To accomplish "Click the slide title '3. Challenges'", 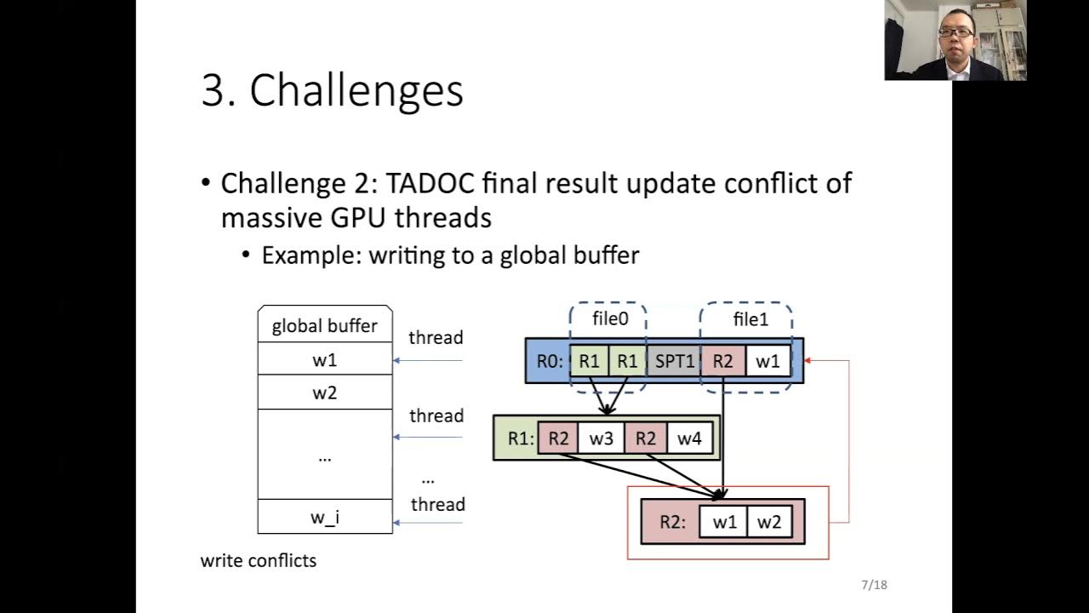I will pos(332,90).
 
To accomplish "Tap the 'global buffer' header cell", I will pos(324,326).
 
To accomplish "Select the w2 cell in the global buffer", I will pos(324,392).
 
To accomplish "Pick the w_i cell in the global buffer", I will pos(324,517).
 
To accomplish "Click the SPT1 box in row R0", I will pos(674,361).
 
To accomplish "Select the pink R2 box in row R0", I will pos(722,361).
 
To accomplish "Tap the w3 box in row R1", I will pos(601,439).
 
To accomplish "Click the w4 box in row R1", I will pos(689,439).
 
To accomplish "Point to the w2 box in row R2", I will pos(768,522).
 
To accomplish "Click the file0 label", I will pos(610,320).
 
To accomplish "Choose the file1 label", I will pos(750,320).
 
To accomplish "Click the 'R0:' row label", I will pos(550,361).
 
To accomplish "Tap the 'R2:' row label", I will pos(672,522).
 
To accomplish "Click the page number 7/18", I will pos(874,585).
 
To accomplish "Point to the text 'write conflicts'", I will pos(258,560).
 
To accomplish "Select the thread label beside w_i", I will pos(437,504).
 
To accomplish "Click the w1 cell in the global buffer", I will pos(324,360).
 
